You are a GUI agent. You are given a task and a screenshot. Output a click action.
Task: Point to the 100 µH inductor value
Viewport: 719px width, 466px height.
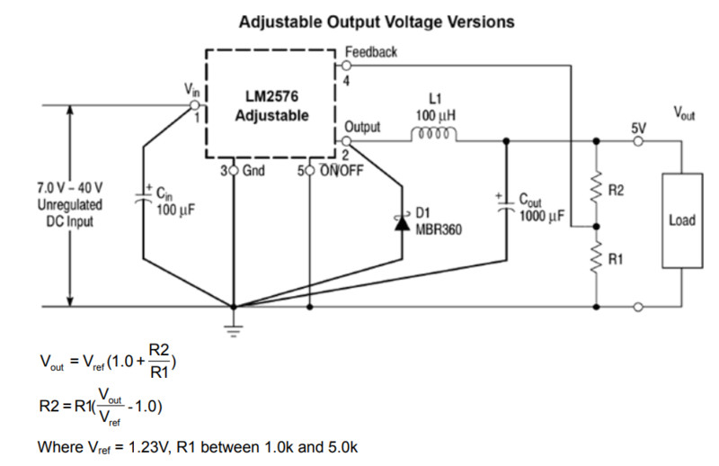coord(436,116)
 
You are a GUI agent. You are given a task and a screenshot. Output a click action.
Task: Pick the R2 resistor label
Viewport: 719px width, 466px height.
coord(617,190)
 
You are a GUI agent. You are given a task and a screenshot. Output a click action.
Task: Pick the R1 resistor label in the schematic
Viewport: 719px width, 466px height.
coord(617,260)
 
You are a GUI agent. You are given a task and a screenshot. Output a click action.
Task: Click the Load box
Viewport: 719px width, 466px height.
coord(681,220)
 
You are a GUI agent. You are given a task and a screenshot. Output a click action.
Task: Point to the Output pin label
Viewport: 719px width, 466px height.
coord(362,127)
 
